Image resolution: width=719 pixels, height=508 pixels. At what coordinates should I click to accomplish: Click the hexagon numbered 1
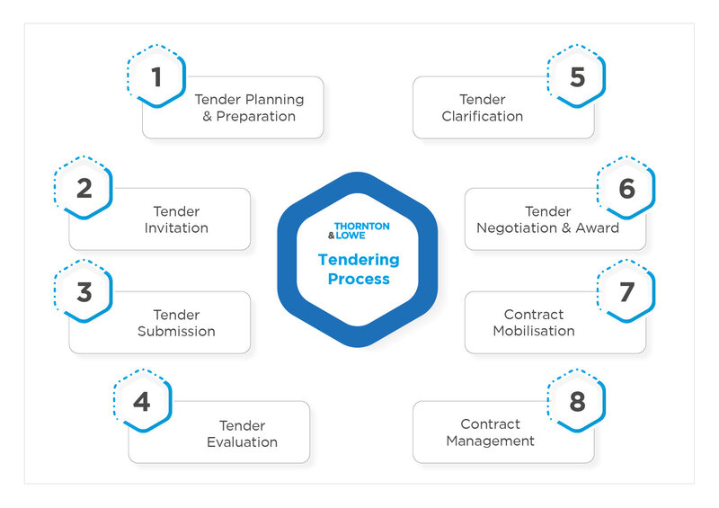[x=156, y=76]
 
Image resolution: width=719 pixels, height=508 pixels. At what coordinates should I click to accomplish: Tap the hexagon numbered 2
[x=84, y=189]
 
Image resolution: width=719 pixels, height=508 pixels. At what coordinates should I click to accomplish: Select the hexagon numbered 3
[x=84, y=292]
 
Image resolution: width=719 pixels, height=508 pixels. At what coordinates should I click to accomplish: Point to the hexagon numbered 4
[x=142, y=402]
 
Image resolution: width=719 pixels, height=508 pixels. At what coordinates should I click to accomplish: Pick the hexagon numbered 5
[x=576, y=76]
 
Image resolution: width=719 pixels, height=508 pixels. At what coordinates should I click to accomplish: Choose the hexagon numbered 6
[x=626, y=189]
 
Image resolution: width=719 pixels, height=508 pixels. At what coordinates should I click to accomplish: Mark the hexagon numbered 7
[x=626, y=292]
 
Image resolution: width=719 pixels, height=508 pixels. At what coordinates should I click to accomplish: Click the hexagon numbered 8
[x=576, y=402]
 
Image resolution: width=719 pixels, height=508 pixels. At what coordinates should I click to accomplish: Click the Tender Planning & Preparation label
[x=249, y=108]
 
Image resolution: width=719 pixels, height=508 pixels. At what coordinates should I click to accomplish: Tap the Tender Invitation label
[x=176, y=219]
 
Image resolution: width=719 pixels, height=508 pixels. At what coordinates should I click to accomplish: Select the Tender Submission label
[x=176, y=323]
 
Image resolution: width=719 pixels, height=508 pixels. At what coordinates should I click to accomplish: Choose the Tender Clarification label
[x=483, y=108]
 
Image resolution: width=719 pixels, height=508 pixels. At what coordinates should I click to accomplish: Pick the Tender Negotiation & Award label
[x=547, y=219]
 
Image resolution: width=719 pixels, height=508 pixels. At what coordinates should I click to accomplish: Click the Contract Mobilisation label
[x=534, y=323]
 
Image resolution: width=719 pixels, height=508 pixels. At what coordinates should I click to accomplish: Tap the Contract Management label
[x=491, y=432]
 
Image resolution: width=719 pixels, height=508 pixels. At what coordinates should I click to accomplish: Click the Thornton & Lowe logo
[x=358, y=230]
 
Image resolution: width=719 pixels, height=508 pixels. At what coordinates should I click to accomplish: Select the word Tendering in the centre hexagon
[x=358, y=260]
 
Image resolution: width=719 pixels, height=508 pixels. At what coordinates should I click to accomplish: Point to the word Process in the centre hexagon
[x=358, y=279]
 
